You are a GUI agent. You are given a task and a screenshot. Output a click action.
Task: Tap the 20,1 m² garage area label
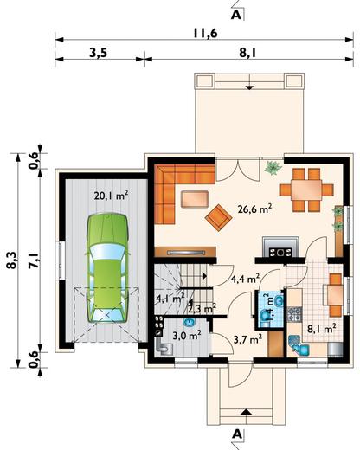click(x=111, y=196)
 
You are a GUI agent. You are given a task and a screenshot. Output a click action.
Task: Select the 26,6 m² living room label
click(x=255, y=209)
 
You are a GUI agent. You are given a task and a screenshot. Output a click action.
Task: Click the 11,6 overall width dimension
click(x=205, y=34)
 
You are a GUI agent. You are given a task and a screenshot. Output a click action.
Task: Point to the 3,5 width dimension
click(x=99, y=54)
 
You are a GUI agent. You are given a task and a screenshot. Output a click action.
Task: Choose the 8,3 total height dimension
click(x=12, y=260)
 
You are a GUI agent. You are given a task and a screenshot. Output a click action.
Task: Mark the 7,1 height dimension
click(x=34, y=261)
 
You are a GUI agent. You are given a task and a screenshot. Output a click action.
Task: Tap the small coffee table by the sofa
click(x=195, y=199)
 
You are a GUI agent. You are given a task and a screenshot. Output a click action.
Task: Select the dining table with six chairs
click(x=306, y=190)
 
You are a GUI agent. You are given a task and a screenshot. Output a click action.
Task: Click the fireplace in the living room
click(x=280, y=247)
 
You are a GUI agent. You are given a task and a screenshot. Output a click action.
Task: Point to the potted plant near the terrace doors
click(x=273, y=167)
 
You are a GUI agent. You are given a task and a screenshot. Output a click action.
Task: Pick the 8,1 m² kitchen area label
click(x=322, y=328)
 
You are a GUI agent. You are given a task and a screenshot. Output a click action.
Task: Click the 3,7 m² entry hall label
click(x=247, y=339)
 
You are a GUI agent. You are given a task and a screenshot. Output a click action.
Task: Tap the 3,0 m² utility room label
click(x=187, y=335)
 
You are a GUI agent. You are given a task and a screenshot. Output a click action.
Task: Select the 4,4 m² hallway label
click(x=246, y=279)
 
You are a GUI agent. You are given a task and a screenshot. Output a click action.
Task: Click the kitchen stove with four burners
click(x=295, y=314)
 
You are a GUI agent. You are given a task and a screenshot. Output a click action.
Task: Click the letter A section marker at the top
click(x=236, y=15)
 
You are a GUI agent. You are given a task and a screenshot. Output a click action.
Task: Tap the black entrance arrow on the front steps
click(x=246, y=412)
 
